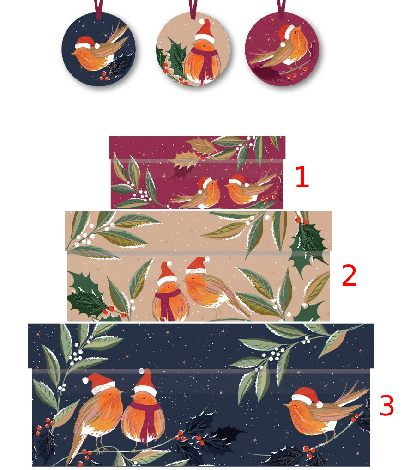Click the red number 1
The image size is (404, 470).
click(301, 178)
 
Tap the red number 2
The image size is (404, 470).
click(349, 276)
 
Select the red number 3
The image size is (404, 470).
click(386, 406)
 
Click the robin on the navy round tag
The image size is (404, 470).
click(95, 55)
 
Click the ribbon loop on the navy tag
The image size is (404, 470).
click(98, 8)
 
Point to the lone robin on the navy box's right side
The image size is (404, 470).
click(314, 411)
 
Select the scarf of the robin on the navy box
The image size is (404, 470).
click(147, 418)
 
